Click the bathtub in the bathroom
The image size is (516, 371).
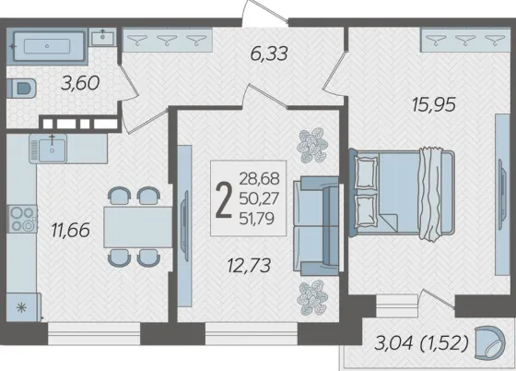point(47,46)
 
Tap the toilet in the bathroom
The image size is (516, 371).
point(21,88)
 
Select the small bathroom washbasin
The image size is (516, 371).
point(102,37)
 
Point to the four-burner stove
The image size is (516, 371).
point(22,219)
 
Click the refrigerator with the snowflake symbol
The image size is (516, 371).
point(23,307)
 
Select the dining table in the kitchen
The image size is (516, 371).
point(138,227)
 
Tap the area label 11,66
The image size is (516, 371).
point(70,231)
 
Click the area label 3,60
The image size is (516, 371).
point(80,83)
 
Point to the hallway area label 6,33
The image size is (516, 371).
point(269,54)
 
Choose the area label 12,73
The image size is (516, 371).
point(249,266)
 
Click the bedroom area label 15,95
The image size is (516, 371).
point(434,105)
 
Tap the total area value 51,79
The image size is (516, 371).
point(257,219)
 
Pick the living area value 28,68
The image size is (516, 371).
point(259,179)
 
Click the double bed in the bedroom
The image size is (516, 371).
point(402,193)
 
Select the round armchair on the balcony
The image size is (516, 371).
point(489,342)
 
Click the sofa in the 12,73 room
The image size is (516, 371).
point(316,226)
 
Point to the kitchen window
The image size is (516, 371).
point(94,333)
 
